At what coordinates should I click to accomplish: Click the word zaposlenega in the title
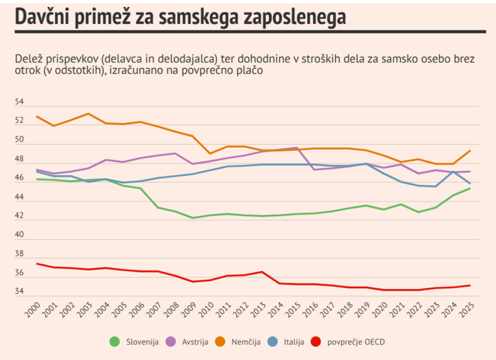click(x=293, y=18)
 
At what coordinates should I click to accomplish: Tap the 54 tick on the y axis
click(x=19, y=102)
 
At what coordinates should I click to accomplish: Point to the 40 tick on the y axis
click(x=19, y=235)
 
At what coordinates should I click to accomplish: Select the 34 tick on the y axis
click(x=19, y=292)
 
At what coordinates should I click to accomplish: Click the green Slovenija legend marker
click(x=114, y=342)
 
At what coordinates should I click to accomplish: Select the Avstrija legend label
click(x=195, y=342)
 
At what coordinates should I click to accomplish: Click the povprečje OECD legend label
click(x=356, y=342)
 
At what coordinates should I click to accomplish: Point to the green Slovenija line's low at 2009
click(x=193, y=218)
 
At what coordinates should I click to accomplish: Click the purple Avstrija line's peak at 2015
click(x=296, y=148)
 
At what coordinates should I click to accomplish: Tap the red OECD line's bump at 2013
click(x=262, y=272)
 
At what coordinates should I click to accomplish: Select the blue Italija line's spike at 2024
click(x=452, y=172)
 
